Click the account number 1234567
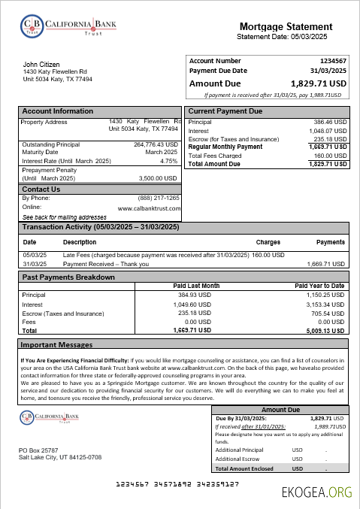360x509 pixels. [333, 60]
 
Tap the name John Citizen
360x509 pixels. [41, 65]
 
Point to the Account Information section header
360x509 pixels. [58, 111]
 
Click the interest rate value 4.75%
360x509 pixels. [168, 161]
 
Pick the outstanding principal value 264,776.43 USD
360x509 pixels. [156, 144]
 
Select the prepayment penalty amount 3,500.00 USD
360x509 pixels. [158, 178]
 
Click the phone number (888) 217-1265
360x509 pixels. [159, 198]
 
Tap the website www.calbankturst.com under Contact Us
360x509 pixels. [148, 208]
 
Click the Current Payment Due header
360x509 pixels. [225, 111]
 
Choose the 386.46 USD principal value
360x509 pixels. [330, 122]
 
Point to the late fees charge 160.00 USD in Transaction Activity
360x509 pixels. [268, 255]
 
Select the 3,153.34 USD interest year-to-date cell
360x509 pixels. [325, 304]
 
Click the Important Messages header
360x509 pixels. [56, 344]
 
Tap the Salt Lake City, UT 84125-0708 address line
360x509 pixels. [60, 457]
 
